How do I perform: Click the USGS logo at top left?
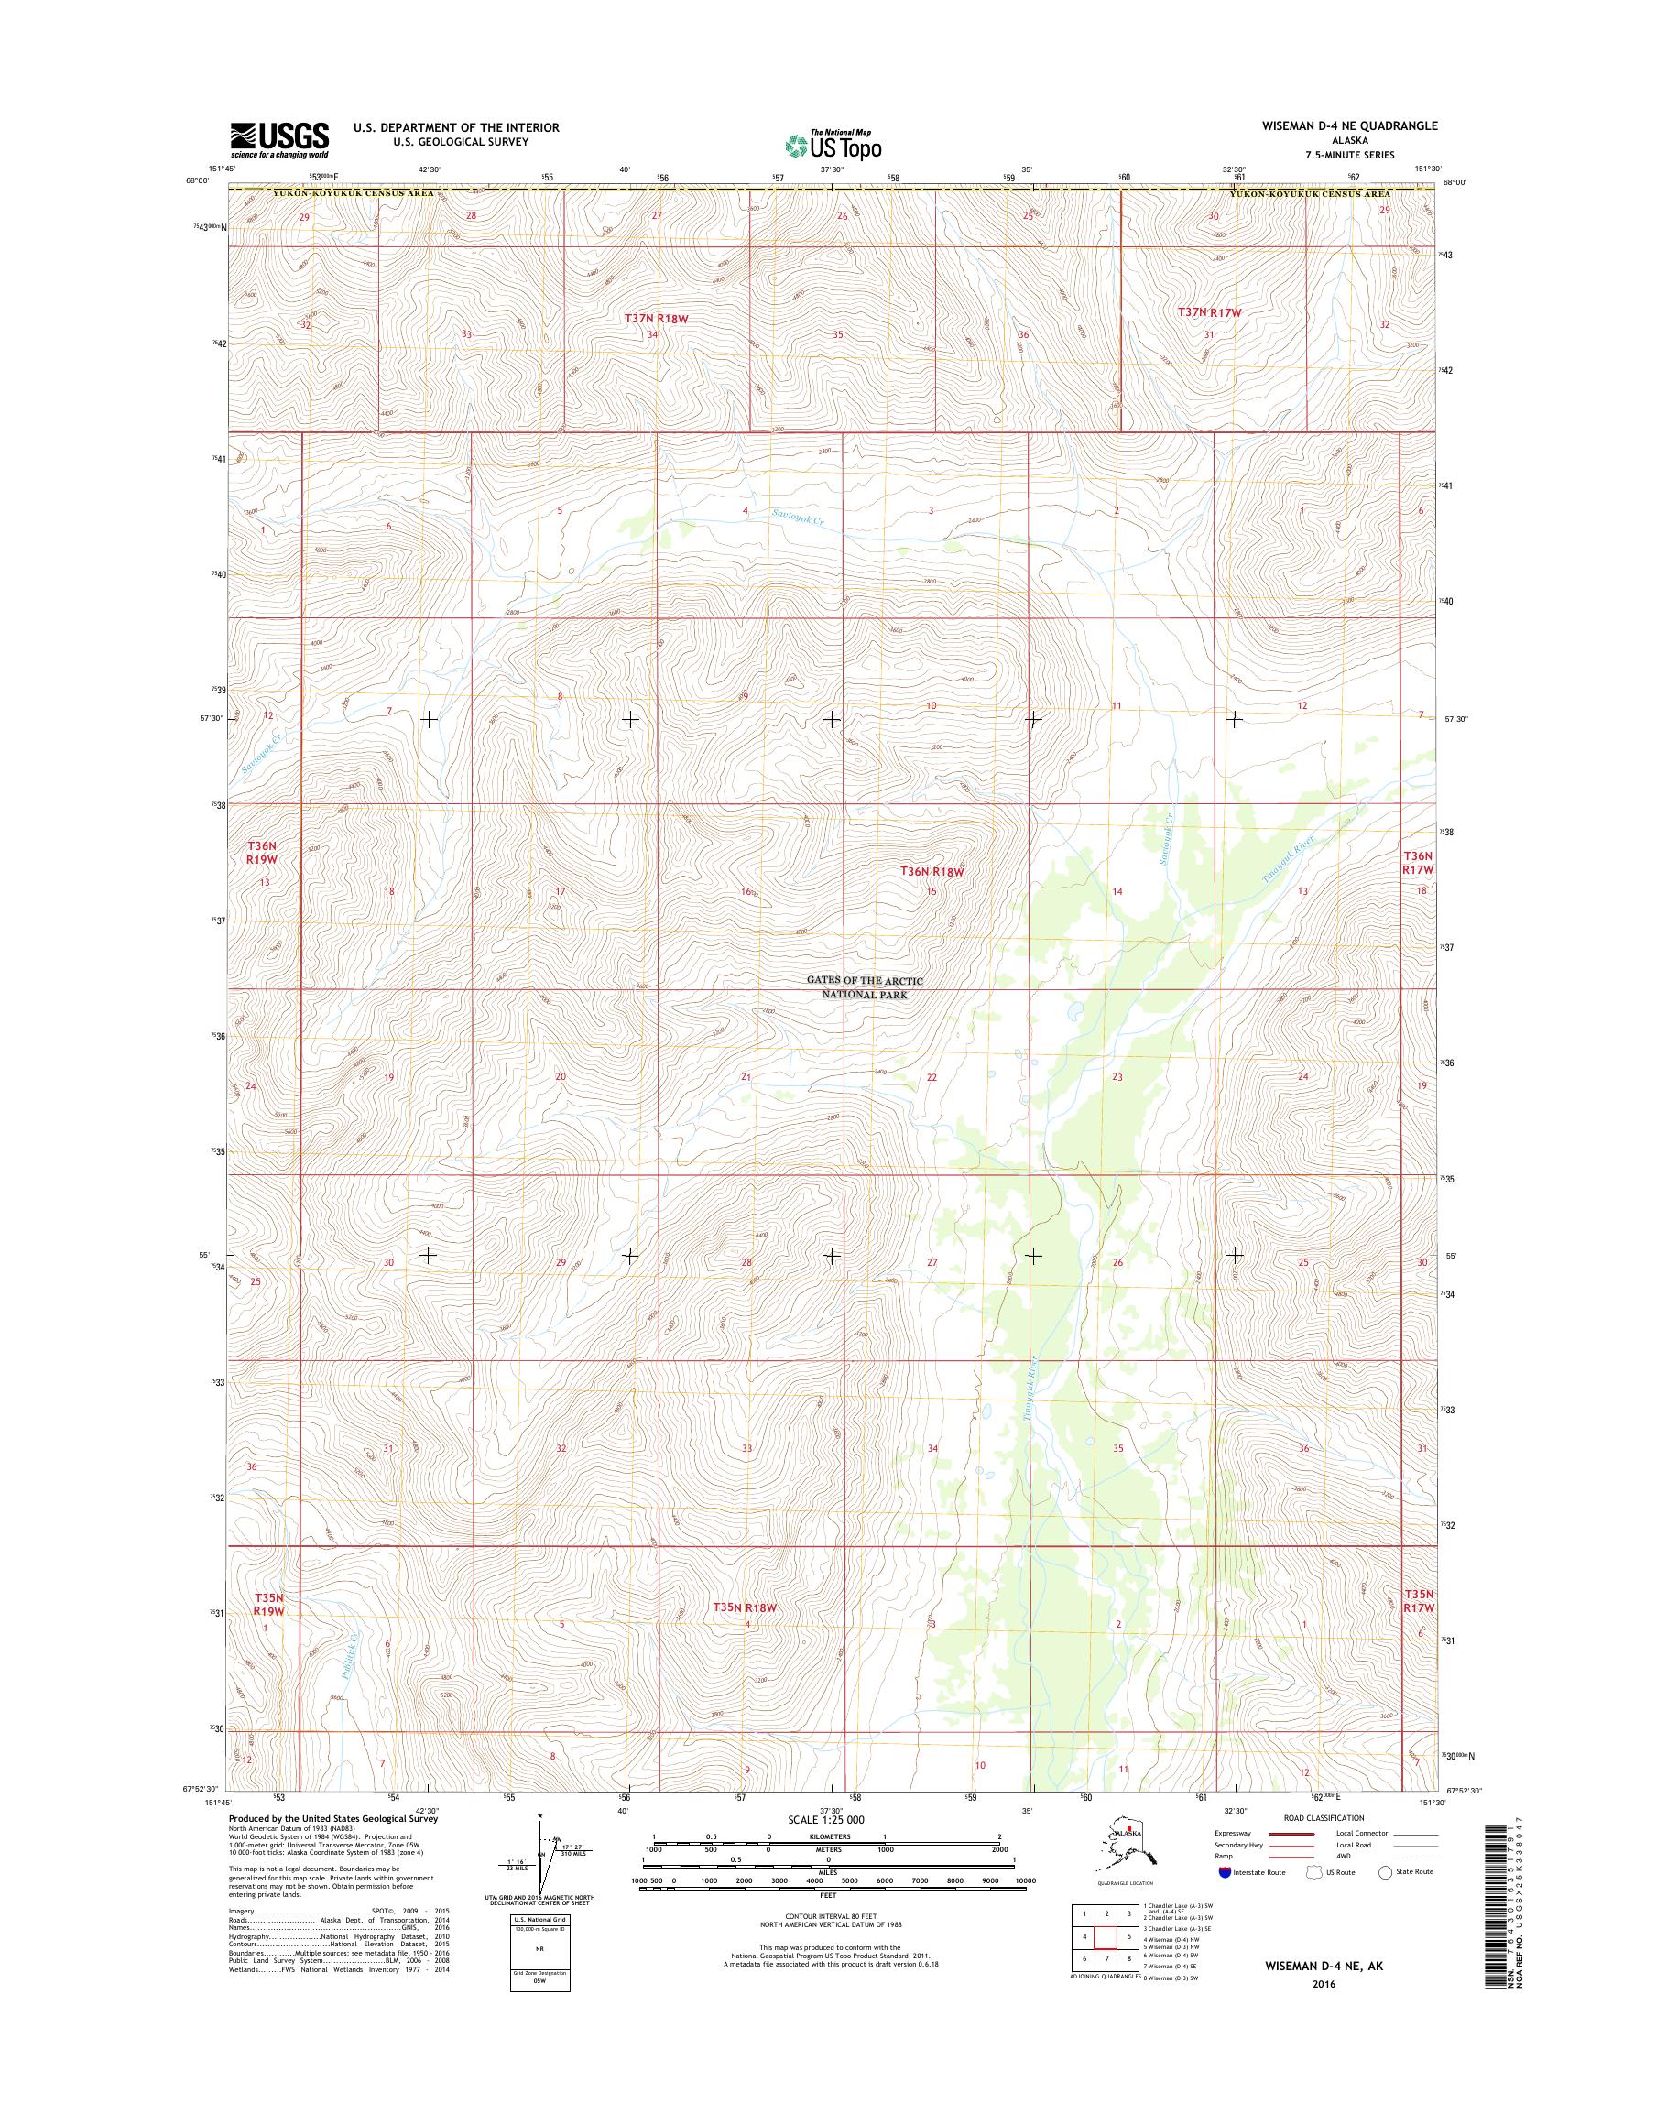click(279, 139)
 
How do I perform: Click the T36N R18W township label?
click(932, 871)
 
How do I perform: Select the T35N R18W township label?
click(744, 1607)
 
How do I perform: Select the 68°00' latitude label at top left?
click(197, 180)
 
